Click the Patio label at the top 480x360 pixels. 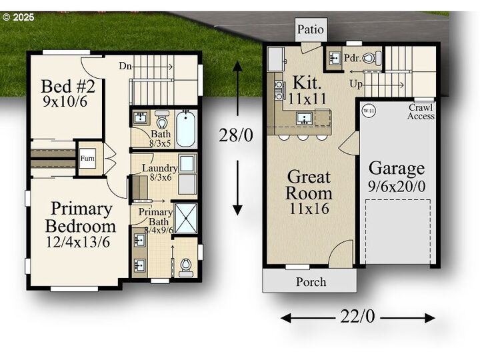(x=311, y=29)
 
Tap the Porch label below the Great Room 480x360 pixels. (x=311, y=282)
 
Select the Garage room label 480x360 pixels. (x=397, y=168)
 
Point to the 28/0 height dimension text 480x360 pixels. (x=237, y=136)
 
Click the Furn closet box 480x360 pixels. (x=87, y=159)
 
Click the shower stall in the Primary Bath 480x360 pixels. (x=186, y=217)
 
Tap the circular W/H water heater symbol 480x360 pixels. (x=367, y=110)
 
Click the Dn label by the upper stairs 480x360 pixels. (x=125, y=65)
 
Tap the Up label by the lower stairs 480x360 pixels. (x=355, y=85)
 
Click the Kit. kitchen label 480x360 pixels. (x=307, y=83)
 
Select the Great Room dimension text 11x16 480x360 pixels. (x=308, y=209)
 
